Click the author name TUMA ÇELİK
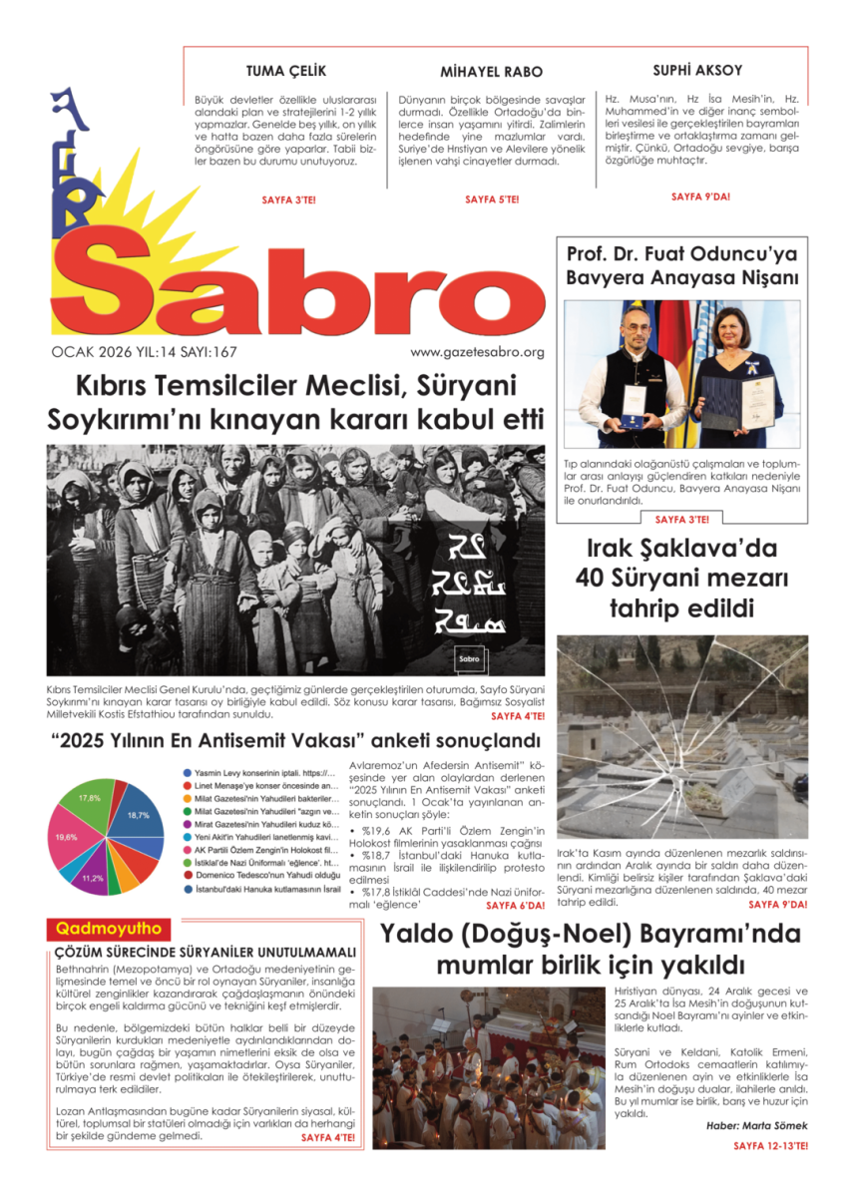(x=285, y=71)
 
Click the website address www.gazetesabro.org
(x=477, y=352)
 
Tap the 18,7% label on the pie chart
(x=139, y=815)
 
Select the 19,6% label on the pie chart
(x=67, y=837)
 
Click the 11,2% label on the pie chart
(x=93, y=878)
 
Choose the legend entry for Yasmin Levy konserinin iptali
(x=257, y=773)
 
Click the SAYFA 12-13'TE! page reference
(x=770, y=1146)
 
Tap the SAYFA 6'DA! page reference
(x=515, y=906)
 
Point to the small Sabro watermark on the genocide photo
(x=469, y=659)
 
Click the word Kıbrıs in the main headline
(x=116, y=386)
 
